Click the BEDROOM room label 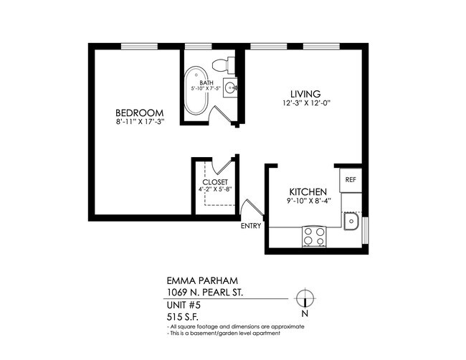140,113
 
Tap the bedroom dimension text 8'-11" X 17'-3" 140,123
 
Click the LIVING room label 305,94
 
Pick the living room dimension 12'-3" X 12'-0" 305,103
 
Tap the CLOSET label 215,182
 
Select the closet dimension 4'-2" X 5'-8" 215,190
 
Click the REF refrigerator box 351,180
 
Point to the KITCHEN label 308,192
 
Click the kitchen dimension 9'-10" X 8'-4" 308,202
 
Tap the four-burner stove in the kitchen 313,235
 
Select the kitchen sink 351,222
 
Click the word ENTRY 250,226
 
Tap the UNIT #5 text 181,305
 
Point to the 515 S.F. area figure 179,316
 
